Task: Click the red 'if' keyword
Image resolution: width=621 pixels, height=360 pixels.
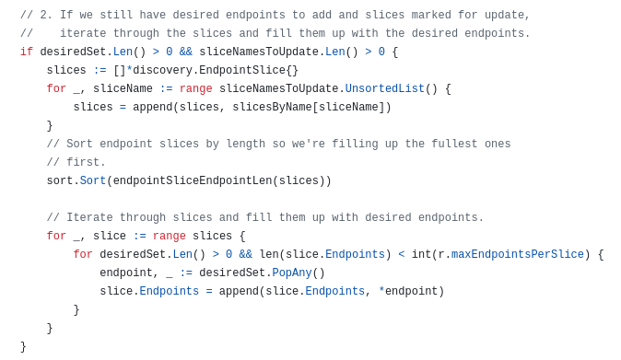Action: click(x=27, y=52)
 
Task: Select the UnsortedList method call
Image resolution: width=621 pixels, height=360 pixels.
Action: click(x=384, y=88)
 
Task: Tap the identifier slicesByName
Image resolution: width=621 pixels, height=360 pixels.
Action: click(x=272, y=107)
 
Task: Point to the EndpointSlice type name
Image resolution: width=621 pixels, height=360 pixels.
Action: click(x=242, y=70)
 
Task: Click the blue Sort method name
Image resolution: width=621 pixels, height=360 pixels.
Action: click(x=93, y=180)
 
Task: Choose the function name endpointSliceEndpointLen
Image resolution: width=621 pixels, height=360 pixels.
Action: click(x=193, y=180)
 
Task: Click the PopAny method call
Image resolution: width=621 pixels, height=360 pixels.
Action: click(x=292, y=273)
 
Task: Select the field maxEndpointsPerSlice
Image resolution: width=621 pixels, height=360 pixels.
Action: click(x=517, y=254)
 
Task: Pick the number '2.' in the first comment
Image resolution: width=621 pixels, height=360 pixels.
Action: click(x=46, y=15)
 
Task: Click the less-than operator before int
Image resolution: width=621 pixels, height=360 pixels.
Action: click(x=401, y=254)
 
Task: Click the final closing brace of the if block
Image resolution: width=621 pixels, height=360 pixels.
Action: click(x=23, y=346)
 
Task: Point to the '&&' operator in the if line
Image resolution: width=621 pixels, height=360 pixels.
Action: click(x=186, y=52)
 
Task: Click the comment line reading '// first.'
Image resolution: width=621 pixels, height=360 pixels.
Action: click(x=76, y=162)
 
